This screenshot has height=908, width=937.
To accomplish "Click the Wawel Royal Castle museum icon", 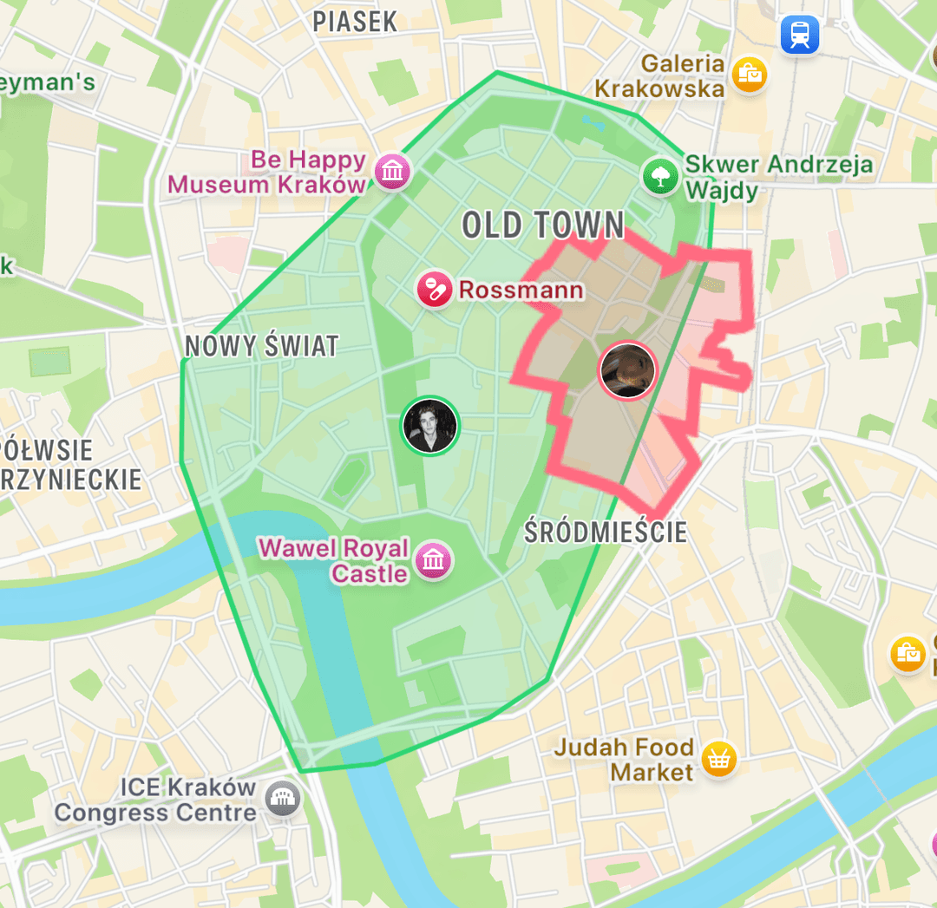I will pyautogui.click(x=433, y=560).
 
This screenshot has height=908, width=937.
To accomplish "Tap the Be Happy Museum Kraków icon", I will pyautogui.click(x=392, y=171).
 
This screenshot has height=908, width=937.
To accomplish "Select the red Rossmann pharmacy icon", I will pyautogui.click(x=435, y=289).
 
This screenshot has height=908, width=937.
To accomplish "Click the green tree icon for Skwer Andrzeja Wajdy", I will pyautogui.click(x=660, y=176).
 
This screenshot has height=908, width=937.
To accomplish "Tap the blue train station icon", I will pyautogui.click(x=799, y=35).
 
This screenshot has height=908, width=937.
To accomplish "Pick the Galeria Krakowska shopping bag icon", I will pyautogui.click(x=749, y=75).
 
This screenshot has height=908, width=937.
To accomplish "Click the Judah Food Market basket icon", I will pyautogui.click(x=718, y=759).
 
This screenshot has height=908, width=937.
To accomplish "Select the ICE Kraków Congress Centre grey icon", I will pyautogui.click(x=282, y=800).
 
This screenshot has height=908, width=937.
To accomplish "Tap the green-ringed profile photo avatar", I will pyautogui.click(x=429, y=425).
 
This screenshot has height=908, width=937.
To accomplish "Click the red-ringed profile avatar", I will pyautogui.click(x=628, y=370).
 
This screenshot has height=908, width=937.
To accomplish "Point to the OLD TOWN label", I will pyautogui.click(x=543, y=225).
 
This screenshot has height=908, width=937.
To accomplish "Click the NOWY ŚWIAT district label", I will pyautogui.click(x=261, y=347).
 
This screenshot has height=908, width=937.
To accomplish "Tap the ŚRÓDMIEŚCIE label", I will pyautogui.click(x=606, y=532).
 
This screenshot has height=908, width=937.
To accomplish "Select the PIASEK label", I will pyautogui.click(x=355, y=22).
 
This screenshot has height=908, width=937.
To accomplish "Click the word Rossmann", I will pyautogui.click(x=521, y=290).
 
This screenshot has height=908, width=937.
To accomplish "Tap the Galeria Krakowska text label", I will pyautogui.click(x=659, y=76).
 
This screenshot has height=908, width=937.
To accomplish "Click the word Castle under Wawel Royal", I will pyautogui.click(x=369, y=574).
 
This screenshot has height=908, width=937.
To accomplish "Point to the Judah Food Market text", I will pyautogui.click(x=625, y=759).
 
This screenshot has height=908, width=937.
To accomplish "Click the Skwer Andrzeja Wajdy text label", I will pyautogui.click(x=778, y=176).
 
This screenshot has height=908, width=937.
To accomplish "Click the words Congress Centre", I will pyautogui.click(x=155, y=813).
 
